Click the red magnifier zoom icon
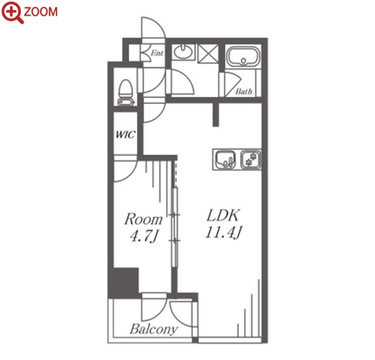coord(12,12)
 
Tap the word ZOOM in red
coord(41,12)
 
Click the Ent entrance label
coord(157,53)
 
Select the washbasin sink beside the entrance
coord(184,52)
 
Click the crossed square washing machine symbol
coord(208,53)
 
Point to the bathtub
coord(243,56)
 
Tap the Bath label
coord(244,91)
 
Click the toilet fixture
coord(126,93)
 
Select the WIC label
coord(126,135)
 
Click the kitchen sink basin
coord(226,160)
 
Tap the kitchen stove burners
coord(251,160)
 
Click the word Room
coord(144,219)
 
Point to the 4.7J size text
coord(145,236)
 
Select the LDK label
coord(223,215)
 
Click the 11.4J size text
coord(224,233)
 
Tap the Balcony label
coord(154,329)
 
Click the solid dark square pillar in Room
coord(123,283)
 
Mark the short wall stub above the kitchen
coord(215,114)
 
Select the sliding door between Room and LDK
coord(175,227)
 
